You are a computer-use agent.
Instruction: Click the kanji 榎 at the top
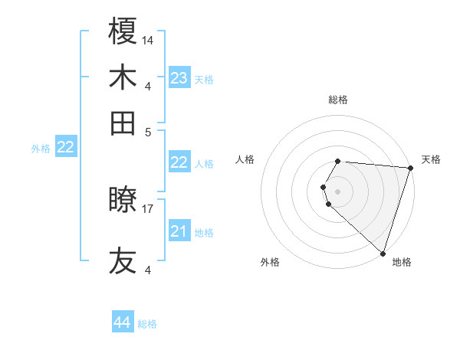coord(123,32)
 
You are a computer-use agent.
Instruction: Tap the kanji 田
coord(123,123)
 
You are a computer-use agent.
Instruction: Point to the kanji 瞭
coord(123,201)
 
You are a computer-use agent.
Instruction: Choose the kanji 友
coord(123,260)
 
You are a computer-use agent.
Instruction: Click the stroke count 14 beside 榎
coord(148,40)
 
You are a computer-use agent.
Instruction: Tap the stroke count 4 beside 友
coord(148,269)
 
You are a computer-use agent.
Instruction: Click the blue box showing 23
coord(179,77)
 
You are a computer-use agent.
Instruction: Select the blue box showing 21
coord(179,231)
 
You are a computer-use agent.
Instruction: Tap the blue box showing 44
coord(123,322)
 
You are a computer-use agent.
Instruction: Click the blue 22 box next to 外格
coord(66,147)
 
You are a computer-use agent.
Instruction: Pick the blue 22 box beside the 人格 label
coord(179,162)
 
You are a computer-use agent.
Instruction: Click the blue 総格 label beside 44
coord(148,324)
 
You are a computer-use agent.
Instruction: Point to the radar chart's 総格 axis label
coord(338,100)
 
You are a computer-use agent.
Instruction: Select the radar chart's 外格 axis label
coord(270,262)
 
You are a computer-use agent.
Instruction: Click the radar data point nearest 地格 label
coord(383,253)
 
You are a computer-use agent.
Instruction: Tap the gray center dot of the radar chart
coord(338,191)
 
